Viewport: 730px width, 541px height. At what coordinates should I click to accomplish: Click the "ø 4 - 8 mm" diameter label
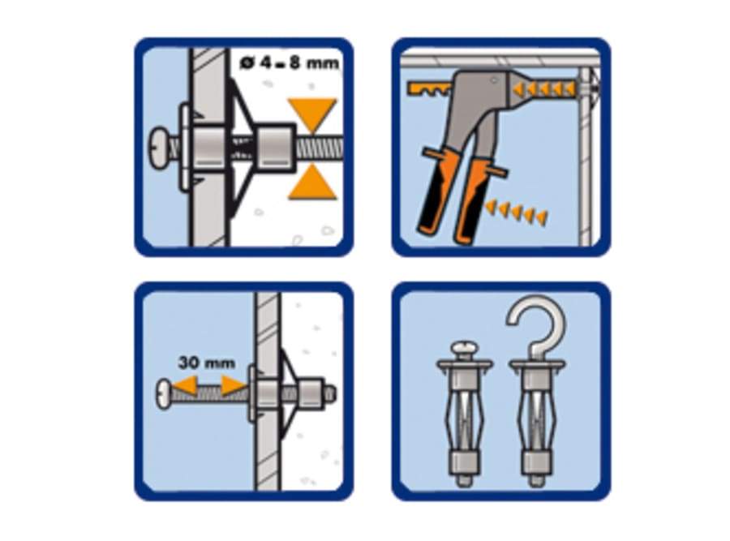pos(290,62)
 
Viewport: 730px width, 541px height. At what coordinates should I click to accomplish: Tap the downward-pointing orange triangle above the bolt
pos(312,112)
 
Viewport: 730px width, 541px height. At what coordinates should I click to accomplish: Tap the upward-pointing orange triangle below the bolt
pos(312,186)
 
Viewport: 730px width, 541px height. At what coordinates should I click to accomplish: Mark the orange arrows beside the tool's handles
pos(516,213)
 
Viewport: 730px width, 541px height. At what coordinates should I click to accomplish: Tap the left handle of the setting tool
pos(435,194)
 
